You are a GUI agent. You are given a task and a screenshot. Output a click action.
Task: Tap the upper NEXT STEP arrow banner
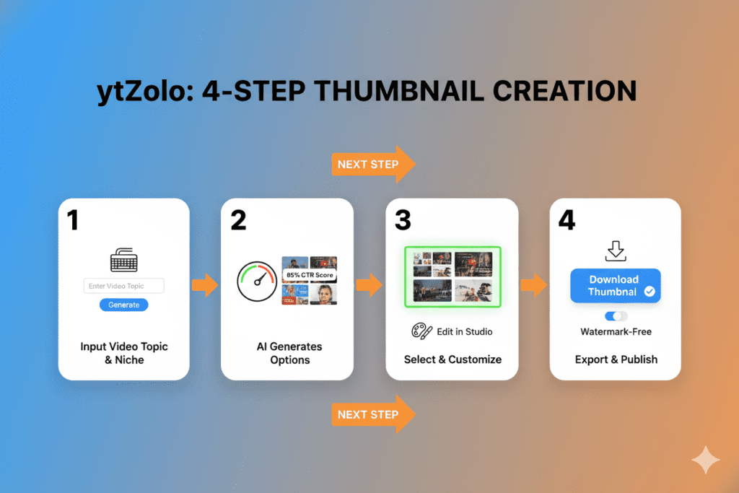click(372, 165)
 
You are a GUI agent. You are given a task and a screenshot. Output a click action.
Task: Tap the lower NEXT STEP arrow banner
click(372, 414)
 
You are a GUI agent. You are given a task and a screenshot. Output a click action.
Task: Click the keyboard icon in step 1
click(123, 259)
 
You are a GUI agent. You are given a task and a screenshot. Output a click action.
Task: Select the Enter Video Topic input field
click(123, 286)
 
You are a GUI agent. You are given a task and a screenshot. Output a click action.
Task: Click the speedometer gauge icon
click(257, 282)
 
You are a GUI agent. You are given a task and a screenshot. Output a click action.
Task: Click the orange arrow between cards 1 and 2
click(204, 284)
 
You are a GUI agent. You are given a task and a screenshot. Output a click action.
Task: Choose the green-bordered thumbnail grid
click(452, 276)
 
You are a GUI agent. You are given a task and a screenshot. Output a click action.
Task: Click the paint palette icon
click(421, 331)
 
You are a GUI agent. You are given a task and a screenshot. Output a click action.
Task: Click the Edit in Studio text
click(465, 332)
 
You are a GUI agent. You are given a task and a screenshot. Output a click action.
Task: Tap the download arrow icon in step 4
click(616, 250)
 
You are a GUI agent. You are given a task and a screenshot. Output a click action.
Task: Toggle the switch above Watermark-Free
click(616, 316)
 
